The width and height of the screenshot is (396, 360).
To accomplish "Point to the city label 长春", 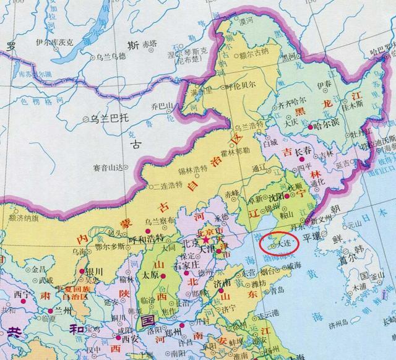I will pos(303,151).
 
